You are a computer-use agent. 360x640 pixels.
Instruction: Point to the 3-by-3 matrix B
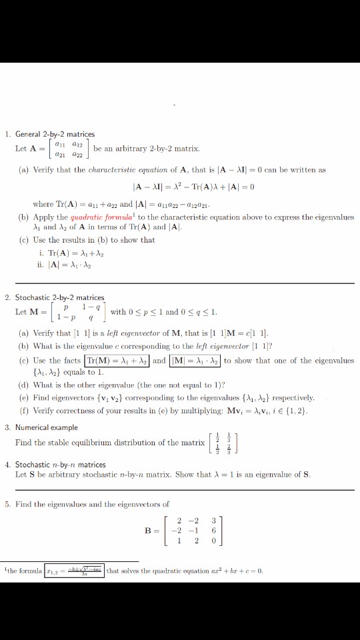click(x=199, y=531)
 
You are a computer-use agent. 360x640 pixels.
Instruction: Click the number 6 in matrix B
click(x=213, y=531)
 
